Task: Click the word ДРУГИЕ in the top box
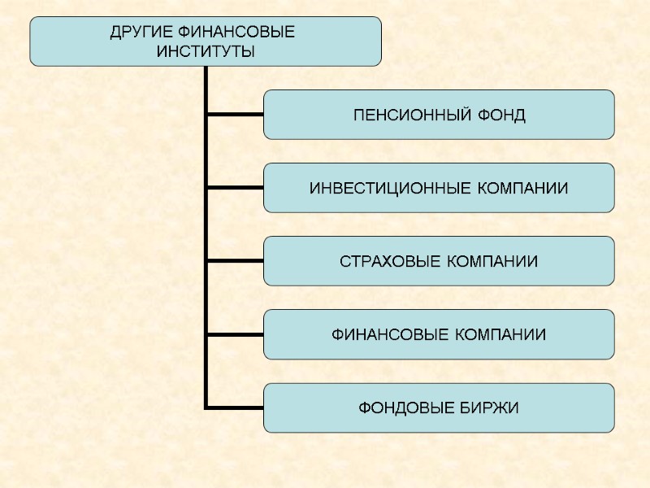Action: tap(140, 33)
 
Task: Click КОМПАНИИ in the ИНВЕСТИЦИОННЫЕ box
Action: tap(522, 189)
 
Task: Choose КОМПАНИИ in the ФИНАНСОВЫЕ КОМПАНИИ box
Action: tap(500, 335)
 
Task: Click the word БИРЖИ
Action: tap(494, 407)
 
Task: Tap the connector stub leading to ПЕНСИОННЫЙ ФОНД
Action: tap(235, 115)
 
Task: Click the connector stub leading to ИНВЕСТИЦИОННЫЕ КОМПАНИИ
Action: tap(235, 188)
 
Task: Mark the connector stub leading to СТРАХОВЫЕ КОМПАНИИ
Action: tap(235, 261)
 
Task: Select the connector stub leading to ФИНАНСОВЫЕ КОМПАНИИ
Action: tap(235, 334)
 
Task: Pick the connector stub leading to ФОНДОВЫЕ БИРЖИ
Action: tap(235, 407)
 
